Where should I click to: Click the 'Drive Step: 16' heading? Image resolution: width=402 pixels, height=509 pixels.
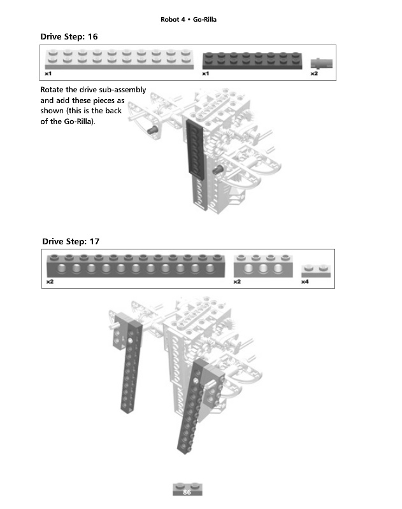[69, 37]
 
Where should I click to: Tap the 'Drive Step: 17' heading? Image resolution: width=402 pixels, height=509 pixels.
[70, 242]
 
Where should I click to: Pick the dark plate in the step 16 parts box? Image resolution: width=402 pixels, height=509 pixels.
[252, 60]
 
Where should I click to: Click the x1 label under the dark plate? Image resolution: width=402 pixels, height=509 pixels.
[206, 74]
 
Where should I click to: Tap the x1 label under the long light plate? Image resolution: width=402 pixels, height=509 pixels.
[48, 74]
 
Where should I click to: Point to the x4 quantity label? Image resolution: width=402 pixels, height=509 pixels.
[305, 282]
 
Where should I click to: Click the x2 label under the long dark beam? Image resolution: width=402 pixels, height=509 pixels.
[50, 282]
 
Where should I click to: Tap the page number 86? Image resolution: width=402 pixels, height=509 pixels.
[187, 492]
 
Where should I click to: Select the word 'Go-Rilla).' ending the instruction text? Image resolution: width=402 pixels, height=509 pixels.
[73, 122]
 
